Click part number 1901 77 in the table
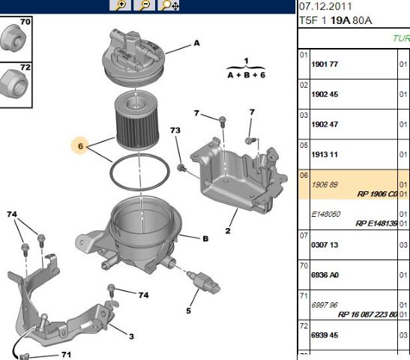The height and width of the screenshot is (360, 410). pyautogui.click(x=325, y=64)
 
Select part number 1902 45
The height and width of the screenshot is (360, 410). pyautogui.click(x=325, y=94)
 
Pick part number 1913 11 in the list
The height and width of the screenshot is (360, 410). pyautogui.click(x=325, y=154)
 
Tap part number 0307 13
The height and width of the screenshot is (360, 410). pyautogui.click(x=325, y=244)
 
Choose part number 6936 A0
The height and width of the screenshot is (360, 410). pyautogui.click(x=325, y=275)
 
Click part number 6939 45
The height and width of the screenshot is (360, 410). pyautogui.click(x=325, y=335)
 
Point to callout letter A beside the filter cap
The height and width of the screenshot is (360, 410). pyautogui.click(x=197, y=43)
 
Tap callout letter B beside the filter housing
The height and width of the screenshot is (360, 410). pyautogui.click(x=205, y=238)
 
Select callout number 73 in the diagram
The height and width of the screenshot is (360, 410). pyautogui.click(x=175, y=131)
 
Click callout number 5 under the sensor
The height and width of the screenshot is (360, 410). pyautogui.click(x=189, y=310)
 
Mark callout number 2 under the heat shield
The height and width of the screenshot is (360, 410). pyautogui.click(x=226, y=221)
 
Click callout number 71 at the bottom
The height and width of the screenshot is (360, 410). pyautogui.click(x=66, y=353)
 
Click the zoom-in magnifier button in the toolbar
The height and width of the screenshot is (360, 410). pyautogui.click(x=120, y=5)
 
